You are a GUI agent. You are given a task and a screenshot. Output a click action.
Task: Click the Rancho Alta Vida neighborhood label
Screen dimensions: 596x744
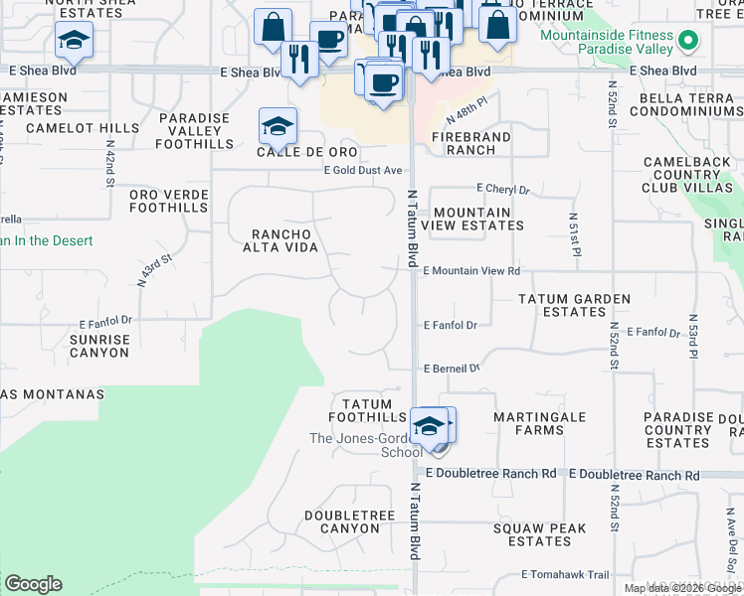(x=278, y=240)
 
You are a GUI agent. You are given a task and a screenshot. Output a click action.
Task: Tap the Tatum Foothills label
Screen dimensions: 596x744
(x=374, y=410)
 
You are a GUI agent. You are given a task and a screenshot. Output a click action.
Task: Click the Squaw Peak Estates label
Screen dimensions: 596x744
(x=539, y=534)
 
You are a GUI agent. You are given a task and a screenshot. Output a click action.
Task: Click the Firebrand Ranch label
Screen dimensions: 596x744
(x=471, y=143)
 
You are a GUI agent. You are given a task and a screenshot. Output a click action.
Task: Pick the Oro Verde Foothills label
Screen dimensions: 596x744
(x=169, y=201)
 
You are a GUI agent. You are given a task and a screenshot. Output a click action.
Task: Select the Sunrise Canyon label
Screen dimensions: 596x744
(x=98, y=346)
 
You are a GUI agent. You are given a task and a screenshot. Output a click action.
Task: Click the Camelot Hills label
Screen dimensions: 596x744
(x=83, y=128)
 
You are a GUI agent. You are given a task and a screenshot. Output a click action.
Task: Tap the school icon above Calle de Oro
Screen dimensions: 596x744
(x=278, y=126)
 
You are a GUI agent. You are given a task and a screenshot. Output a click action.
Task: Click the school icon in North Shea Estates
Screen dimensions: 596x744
(x=74, y=42)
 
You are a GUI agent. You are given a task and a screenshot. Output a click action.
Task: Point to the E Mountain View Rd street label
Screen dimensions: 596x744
(x=471, y=270)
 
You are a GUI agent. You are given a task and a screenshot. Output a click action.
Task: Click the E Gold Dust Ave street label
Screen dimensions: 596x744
(x=362, y=171)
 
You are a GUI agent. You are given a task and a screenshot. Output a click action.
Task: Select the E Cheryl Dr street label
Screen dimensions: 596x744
(x=503, y=189)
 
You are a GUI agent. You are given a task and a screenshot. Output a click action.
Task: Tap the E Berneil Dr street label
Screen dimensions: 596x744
(x=452, y=368)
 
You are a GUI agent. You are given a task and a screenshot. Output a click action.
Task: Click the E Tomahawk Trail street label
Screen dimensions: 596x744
(x=565, y=574)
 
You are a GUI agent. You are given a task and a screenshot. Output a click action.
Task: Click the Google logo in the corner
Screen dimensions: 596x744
(x=33, y=584)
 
